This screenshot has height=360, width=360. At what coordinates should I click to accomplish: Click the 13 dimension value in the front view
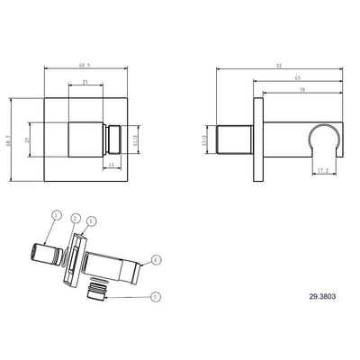point(110,166)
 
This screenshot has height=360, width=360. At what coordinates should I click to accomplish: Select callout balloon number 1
point(56,216)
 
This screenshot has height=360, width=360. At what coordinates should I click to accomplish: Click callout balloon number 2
point(76,219)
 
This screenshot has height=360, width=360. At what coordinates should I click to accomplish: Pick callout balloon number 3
point(92,220)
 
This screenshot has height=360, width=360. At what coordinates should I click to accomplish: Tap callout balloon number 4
point(157,260)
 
